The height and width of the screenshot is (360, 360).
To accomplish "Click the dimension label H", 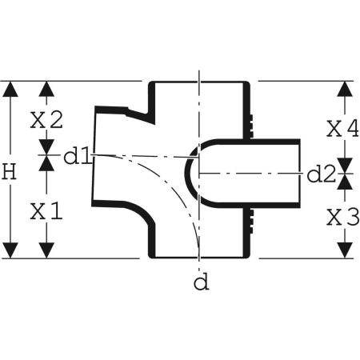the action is point(9,171).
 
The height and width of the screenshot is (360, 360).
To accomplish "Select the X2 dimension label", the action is point(46,120).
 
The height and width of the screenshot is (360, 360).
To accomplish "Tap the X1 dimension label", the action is point(46,211).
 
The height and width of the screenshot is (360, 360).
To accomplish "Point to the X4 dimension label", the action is point(343,129).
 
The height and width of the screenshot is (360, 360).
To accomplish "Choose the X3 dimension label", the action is point(343,217).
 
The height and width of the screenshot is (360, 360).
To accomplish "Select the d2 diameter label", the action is point(321,174).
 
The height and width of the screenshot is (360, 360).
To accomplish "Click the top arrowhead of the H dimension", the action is point(10,89).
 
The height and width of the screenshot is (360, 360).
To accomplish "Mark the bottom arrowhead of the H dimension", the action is point(10,250).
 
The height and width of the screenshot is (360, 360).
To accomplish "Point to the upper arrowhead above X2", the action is point(46,89).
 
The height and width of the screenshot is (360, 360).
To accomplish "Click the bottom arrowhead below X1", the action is point(46,250).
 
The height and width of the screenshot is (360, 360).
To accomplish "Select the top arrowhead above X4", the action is point(345,89).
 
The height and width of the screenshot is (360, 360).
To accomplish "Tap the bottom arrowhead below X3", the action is point(345,250).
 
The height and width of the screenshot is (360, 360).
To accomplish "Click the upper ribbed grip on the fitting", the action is point(251,124).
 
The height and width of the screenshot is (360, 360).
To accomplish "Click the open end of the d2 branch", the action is point(299,174).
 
